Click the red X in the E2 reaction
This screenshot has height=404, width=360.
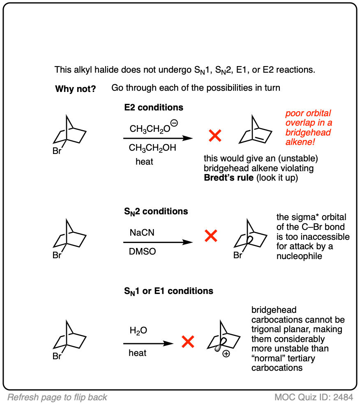215,135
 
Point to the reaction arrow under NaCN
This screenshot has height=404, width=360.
158,242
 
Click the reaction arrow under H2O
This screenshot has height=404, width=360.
148,343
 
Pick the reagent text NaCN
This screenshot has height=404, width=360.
142,233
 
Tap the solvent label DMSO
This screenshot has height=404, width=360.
143,252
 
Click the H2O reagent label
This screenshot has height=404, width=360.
138,331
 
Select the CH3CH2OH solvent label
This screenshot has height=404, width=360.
152,148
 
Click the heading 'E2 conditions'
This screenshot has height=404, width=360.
154,108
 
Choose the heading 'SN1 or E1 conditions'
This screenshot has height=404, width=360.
168,291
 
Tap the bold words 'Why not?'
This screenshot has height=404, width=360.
76,89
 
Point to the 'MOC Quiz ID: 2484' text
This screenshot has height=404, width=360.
313,397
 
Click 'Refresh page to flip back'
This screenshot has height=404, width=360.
58,397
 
